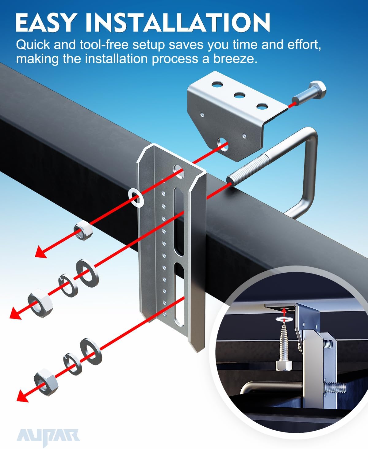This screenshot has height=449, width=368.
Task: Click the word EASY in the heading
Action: (45, 22)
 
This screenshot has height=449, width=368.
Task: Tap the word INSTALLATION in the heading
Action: (178, 22)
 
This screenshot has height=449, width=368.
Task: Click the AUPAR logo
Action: (48, 437)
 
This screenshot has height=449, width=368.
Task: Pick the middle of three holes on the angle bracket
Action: (240, 95)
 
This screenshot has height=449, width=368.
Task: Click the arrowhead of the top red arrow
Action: (41, 252)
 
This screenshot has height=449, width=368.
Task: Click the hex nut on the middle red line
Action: (40, 303)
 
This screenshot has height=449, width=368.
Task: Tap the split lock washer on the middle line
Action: (68, 285)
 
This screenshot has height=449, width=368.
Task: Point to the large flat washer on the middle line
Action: (87, 273)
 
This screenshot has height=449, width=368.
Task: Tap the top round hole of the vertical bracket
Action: (179, 172)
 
